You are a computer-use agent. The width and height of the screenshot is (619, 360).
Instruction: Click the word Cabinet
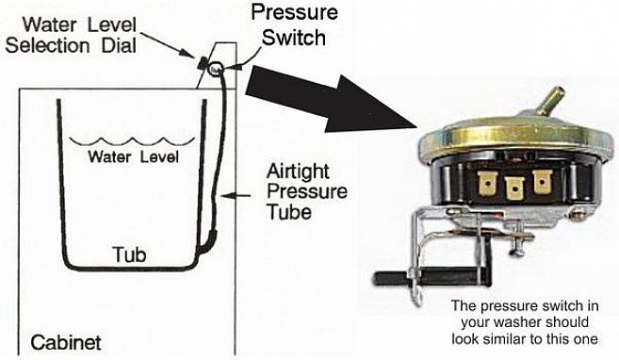point(66,342)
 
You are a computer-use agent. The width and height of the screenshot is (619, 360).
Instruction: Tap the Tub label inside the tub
point(129,254)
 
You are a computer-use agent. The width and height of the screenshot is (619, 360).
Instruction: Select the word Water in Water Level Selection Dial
point(50,25)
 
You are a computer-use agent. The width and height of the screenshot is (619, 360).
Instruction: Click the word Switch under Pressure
point(294,38)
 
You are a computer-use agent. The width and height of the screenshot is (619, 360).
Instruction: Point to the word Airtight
point(298,172)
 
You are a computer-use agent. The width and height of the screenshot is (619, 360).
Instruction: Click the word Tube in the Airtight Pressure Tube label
point(289,212)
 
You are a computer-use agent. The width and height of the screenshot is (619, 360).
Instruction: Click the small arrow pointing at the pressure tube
point(236,195)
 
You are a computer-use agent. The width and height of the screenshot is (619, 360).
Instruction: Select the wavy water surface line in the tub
point(132,141)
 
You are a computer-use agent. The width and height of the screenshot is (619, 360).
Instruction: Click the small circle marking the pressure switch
point(216,69)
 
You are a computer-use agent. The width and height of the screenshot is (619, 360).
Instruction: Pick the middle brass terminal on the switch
point(514,188)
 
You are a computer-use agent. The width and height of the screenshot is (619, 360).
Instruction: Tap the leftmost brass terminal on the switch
point(487,184)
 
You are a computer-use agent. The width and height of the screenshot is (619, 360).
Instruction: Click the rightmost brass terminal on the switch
point(543,182)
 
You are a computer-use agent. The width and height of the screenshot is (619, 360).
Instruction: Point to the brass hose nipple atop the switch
point(551,100)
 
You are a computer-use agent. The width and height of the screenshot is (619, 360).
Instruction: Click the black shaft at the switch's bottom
point(432,277)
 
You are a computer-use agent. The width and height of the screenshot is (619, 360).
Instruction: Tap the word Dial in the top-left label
point(119,45)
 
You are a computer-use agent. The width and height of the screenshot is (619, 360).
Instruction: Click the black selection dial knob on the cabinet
point(203,62)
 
